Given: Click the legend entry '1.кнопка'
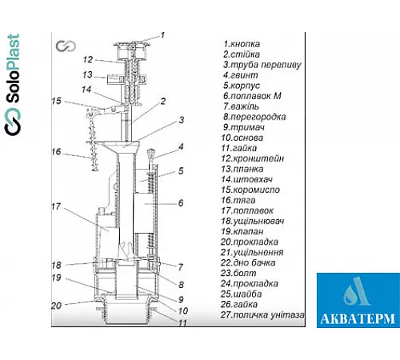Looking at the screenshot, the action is [242, 44].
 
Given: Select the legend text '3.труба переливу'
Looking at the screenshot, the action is [262, 65].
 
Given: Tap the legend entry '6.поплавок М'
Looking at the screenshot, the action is [252, 96].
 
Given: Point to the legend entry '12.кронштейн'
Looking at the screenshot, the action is [252, 158].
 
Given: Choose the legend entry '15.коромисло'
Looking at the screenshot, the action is [250, 190].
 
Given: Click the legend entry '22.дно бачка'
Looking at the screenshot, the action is [248, 263].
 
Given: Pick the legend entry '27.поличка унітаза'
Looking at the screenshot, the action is [262, 315].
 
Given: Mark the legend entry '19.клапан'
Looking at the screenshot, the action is [242, 231].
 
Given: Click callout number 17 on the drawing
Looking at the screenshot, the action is [56, 206].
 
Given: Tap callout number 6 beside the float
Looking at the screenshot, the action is [181, 203].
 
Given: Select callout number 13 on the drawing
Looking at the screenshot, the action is [87, 74].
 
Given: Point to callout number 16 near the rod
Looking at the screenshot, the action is [56, 152].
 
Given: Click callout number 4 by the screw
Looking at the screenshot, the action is [181, 146].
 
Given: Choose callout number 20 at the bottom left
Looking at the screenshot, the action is [56, 306].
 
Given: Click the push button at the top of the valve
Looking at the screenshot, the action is [132, 44].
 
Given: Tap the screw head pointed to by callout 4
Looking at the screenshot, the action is [150, 154].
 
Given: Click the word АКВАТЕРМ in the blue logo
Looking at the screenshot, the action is [358, 318].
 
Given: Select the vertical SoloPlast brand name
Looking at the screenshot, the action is [13, 69].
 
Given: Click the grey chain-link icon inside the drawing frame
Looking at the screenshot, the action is [66, 46].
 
